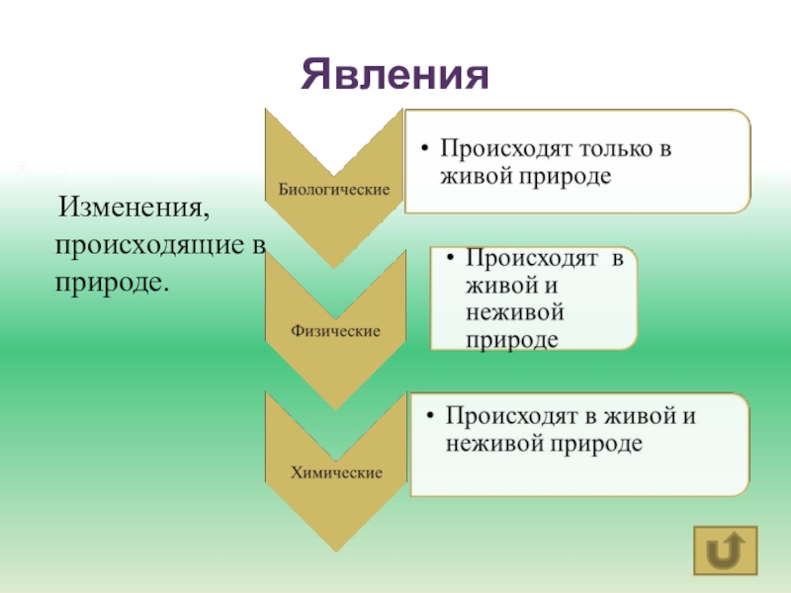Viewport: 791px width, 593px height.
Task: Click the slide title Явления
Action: (396, 74)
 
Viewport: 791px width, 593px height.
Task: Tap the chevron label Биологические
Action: (333, 188)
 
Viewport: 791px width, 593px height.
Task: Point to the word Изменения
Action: (135, 210)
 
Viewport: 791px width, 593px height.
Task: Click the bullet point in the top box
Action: (423, 150)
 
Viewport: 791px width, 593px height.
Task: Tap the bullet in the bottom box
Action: (429, 417)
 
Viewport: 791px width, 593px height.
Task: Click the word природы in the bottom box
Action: (594, 443)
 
